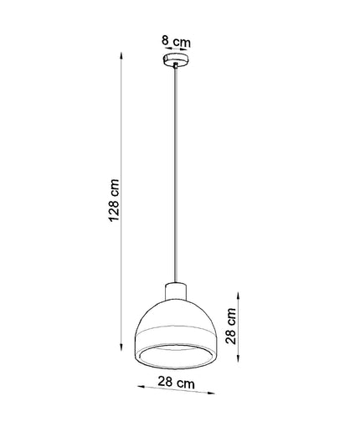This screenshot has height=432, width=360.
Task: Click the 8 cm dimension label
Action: coord(176,41)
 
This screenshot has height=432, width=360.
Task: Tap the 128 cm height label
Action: coord(114,200)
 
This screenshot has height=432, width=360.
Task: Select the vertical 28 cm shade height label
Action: coord(231,326)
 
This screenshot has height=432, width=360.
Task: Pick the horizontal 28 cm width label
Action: coord(176,382)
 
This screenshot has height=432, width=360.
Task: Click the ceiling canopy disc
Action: coord(176,60)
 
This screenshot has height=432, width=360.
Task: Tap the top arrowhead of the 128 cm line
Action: coord(121,54)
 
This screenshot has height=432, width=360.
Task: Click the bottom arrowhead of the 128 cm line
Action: coord(121,347)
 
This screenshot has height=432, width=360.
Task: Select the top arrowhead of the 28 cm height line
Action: coord(238,296)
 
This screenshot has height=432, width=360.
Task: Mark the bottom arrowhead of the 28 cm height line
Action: coord(238,358)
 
